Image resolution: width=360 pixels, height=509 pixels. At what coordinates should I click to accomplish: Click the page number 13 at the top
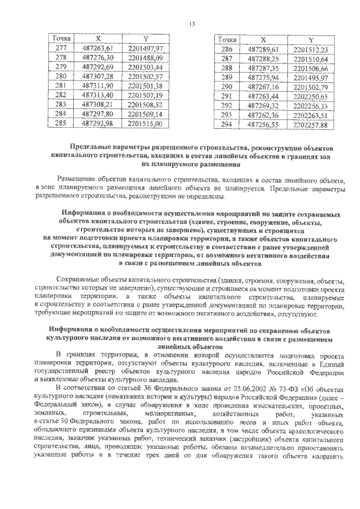click(191, 23)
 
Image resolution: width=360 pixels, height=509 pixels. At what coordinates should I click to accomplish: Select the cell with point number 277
click(61, 48)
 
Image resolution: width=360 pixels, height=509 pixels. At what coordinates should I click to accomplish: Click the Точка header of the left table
click(61, 38)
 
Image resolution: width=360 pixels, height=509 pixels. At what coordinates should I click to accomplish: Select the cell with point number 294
click(227, 125)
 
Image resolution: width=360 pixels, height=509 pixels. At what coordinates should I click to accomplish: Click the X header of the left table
click(98, 38)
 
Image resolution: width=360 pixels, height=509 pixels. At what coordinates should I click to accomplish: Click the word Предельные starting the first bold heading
click(102, 146)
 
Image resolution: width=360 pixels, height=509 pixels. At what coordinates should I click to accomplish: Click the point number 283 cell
click(61, 104)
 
